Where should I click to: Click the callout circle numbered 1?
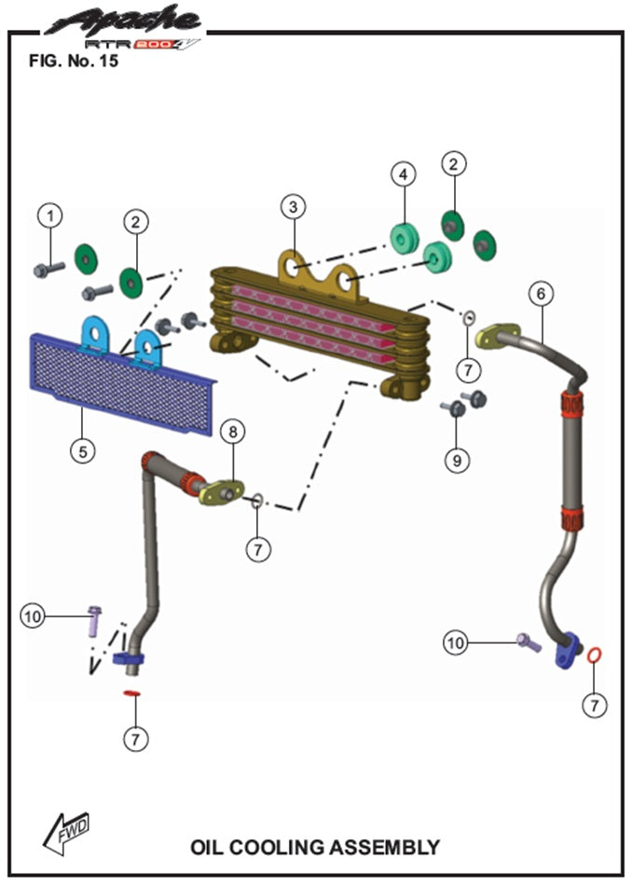coord(49,215)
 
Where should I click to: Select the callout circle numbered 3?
coord(294,205)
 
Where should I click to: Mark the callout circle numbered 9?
coord(458,459)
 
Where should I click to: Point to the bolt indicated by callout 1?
coord(48,270)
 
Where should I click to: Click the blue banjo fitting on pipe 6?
coord(566,652)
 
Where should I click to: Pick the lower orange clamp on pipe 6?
coord(572,518)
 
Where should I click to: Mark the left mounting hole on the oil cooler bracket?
coord(293,269)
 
